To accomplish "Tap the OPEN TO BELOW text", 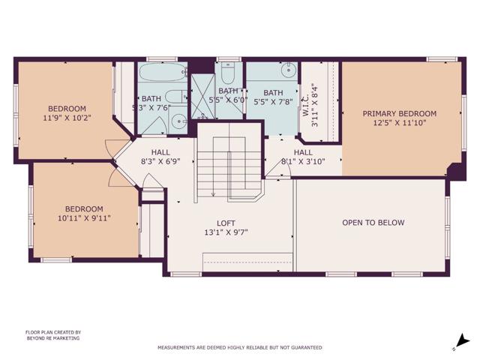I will click(x=373, y=223).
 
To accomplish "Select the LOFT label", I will click(x=226, y=223).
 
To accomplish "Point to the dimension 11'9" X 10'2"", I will click(x=66, y=118).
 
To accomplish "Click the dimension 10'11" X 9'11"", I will click(x=83, y=219).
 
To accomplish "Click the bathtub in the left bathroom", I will click(x=163, y=76).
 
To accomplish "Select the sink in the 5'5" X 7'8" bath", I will click(x=287, y=73).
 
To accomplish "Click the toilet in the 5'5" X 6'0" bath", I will click(x=229, y=72).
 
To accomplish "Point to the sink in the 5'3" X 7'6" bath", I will click(x=179, y=122).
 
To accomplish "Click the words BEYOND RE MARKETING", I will click(x=52, y=338).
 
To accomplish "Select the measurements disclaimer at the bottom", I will click(x=239, y=347).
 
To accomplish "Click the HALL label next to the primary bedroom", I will click(x=302, y=151).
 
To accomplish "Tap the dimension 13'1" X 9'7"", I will click(x=226, y=232).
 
